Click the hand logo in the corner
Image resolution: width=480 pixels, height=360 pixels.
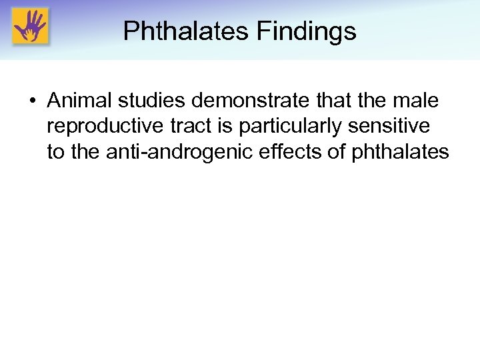[30, 27]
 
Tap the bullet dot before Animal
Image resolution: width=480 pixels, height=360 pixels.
[33, 101]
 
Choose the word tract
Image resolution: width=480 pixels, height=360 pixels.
[190, 126]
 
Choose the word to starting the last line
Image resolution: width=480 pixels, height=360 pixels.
[55, 152]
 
